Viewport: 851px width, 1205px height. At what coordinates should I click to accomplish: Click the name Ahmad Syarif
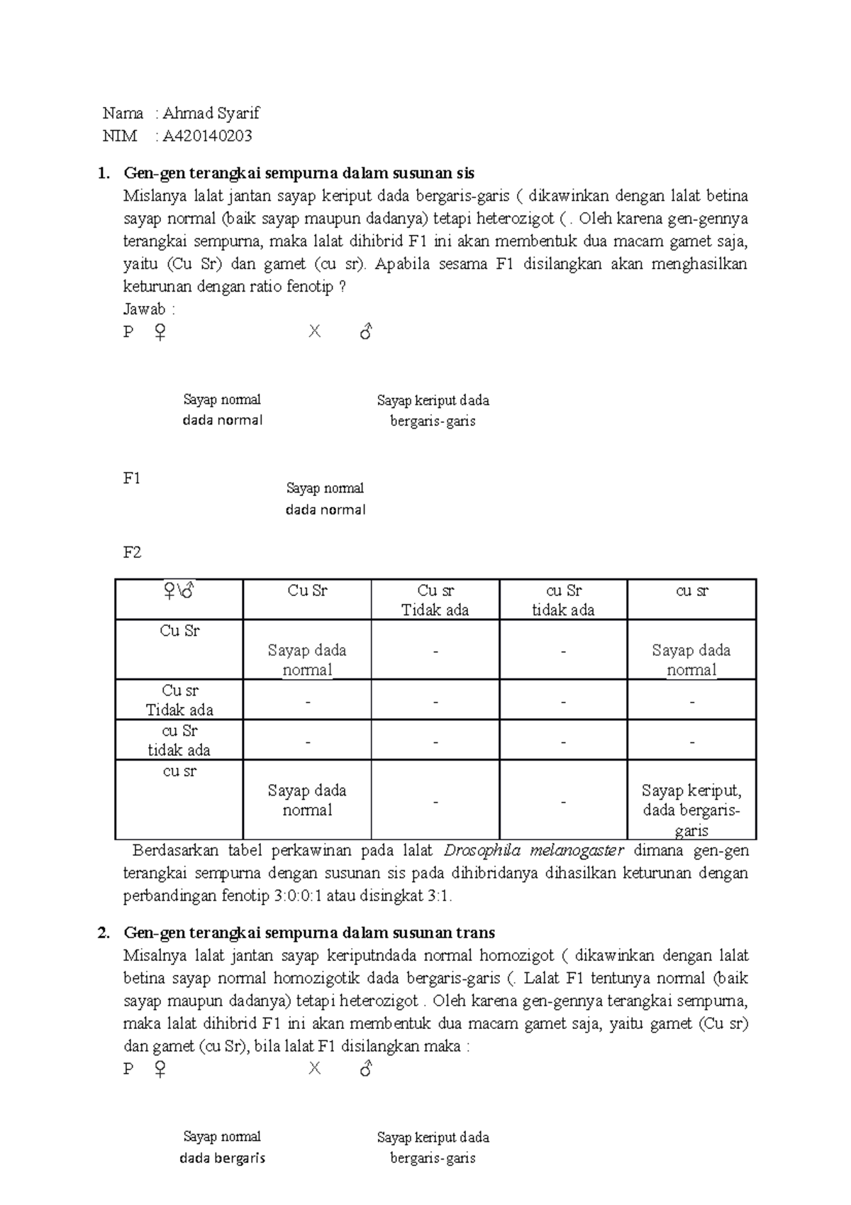pyautogui.click(x=211, y=114)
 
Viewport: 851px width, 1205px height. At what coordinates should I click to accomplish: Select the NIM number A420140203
pyautogui.click(x=207, y=136)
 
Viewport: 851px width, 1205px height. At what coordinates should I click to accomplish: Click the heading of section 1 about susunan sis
pyautogui.click(x=299, y=173)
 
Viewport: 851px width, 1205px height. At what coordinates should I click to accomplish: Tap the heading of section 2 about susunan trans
pyautogui.click(x=308, y=932)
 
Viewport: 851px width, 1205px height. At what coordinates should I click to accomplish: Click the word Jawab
pyautogui.click(x=145, y=309)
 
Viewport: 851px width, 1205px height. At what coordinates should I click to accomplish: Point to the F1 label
pyautogui.click(x=132, y=478)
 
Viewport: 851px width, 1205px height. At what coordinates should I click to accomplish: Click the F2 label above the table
pyautogui.click(x=132, y=553)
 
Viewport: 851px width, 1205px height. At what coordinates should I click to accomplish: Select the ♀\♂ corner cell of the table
pyautogui.click(x=179, y=591)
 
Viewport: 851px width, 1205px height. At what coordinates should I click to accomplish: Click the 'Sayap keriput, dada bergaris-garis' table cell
pyautogui.click(x=691, y=810)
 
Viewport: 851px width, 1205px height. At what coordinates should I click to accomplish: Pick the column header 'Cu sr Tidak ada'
pyautogui.click(x=435, y=600)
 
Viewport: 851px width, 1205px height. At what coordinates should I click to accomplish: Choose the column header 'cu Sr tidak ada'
pyautogui.click(x=563, y=600)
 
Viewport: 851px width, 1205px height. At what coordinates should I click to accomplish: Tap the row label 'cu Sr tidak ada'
pyautogui.click(x=179, y=740)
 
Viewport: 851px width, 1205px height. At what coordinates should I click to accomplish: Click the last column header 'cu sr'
pyautogui.click(x=691, y=591)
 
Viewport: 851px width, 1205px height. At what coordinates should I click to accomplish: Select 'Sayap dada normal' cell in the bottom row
pyautogui.click(x=307, y=800)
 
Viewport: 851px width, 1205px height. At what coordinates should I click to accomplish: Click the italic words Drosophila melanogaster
pyautogui.click(x=533, y=851)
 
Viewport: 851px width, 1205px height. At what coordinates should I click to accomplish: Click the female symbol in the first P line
pyautogui.click(x=160, y=332)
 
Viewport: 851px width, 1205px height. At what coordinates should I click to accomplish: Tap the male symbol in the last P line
pyautogui.click(x=366, y=1069)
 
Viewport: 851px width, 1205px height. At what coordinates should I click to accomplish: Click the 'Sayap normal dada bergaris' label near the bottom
pyautogui.click(x=222, y=1148)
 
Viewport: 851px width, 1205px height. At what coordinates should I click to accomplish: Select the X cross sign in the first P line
pyautogui.click(x=314, y=331)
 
